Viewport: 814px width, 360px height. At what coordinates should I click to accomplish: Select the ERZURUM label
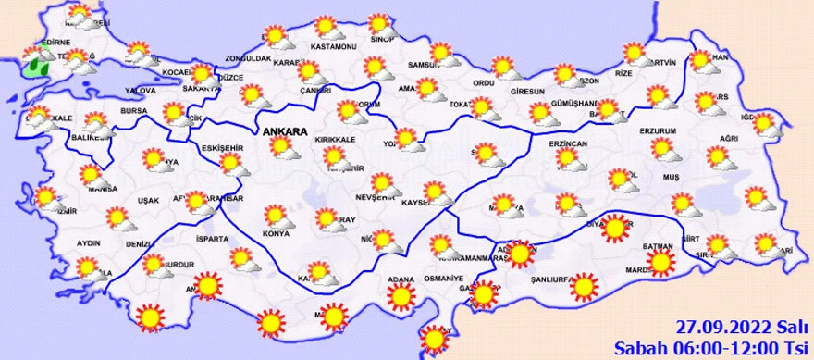(x=659, y=131)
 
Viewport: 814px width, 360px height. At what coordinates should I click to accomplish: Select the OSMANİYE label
(x=442, y=279)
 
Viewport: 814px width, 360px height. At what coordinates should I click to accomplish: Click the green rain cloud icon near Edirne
(x=40, y=65)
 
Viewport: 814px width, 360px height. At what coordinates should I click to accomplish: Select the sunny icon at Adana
(x=401, y=297)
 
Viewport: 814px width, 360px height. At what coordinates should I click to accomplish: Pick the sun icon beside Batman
(x=661, y=264)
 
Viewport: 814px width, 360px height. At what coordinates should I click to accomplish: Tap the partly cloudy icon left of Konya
(x=275, y=216)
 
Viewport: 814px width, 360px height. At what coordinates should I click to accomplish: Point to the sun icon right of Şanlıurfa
(x=584, y=288)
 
